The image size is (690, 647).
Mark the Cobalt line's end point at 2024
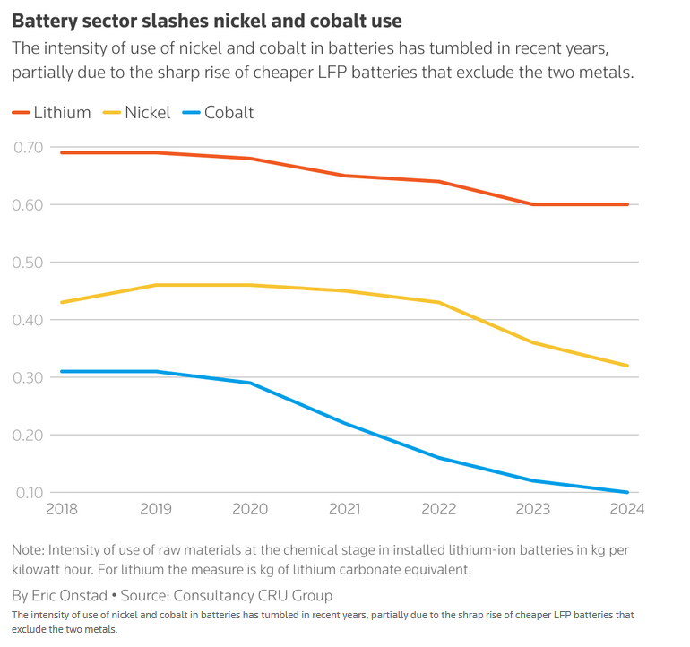tap(627, 492)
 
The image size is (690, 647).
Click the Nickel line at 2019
tap(156, 285)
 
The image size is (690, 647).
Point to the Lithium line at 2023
tap(533, 204)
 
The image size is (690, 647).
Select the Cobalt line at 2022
tap(439, 458)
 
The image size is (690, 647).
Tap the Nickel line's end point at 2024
tap(627, 366)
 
